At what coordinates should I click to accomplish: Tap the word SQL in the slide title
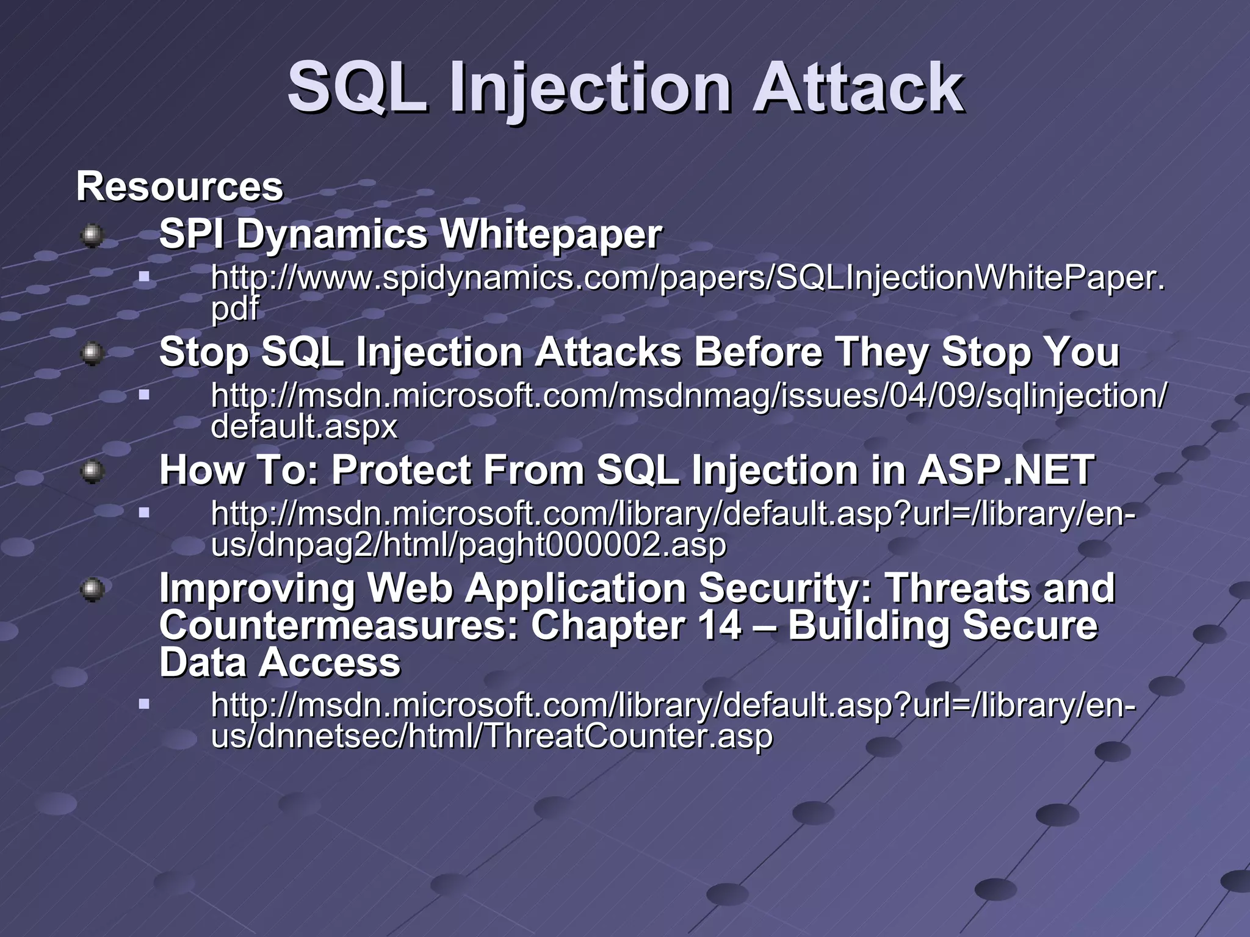(x=357, y=88)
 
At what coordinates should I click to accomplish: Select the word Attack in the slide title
(x=858, y=88)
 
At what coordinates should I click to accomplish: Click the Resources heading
(x=179, y=186)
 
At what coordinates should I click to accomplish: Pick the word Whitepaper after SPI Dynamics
(x=551, y=234)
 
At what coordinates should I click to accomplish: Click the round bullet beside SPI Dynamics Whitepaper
(x=92, y=235)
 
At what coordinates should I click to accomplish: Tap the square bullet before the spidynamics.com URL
(x=144, y=278)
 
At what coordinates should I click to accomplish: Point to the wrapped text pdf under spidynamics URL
(x=235, y=308)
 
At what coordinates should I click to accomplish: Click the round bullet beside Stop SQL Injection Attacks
(x=92, y=353)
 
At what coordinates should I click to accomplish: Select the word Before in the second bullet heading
(x=758, y=352)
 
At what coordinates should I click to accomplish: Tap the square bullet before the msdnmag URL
(x=144, y=395)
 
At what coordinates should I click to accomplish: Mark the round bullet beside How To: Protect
(x=92, y=471)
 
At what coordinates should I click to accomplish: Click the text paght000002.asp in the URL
(x=592, y=544)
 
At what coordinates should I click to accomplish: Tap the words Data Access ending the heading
(x=280, y=662)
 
